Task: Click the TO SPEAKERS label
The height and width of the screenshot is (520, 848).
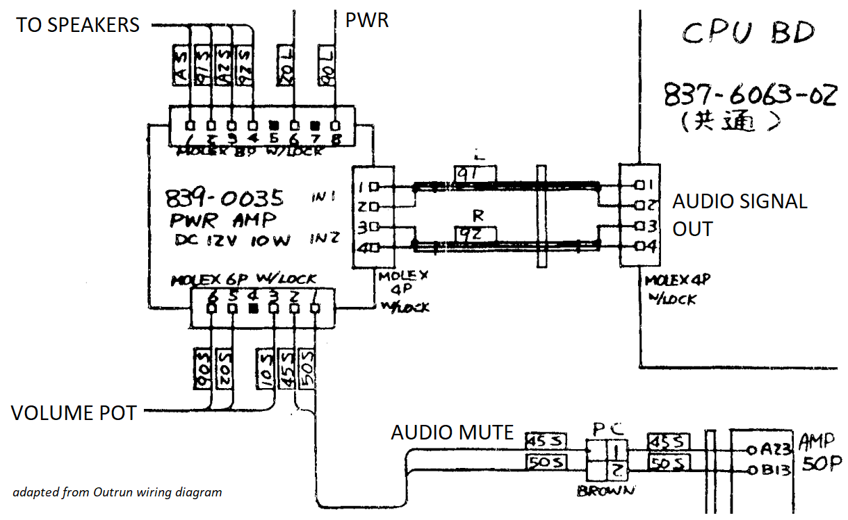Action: [78, 25]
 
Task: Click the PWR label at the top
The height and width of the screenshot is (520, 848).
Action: [366, 20]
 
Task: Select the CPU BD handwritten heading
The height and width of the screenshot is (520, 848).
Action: [747, 32]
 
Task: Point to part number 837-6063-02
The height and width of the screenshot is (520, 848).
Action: [749, 95]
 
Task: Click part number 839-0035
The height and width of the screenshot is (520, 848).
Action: [225, 199]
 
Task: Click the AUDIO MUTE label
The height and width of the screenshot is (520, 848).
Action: [452, 433]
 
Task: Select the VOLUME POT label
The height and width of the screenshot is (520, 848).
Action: [74, 413]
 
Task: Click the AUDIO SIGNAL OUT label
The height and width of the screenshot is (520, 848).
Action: [740, 215]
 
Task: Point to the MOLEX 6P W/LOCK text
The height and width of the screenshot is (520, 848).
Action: [243, 279]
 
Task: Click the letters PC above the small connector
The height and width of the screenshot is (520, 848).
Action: [603, 428]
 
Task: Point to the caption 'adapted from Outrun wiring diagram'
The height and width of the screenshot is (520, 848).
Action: [117, 492]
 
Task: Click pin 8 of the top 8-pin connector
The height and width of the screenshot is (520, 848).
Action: [336, 126]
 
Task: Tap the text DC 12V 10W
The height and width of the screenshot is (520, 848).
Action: [231, 241]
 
